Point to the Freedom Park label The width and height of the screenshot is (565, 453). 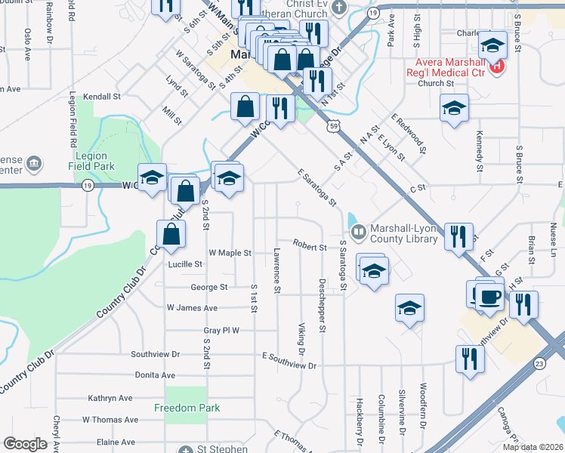click(x=187, y=408)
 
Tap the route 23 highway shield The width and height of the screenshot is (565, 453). click(x=539, y=364)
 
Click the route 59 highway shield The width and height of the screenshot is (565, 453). click(x=333, y=128)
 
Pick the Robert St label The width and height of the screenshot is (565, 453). click(x=310, y=247)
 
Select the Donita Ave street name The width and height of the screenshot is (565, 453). click(x=153, y=375)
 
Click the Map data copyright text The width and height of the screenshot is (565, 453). click(x=533, y=447)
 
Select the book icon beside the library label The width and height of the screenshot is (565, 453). click(x=360, y=230)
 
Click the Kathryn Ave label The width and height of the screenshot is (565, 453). click(x=110, y=398)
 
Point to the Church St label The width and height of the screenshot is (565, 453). click(x=435, y=83)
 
